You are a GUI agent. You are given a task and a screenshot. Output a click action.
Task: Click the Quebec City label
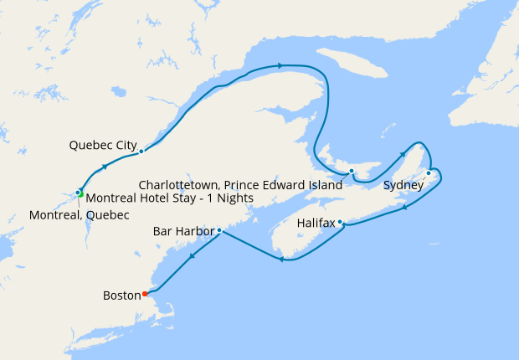103,145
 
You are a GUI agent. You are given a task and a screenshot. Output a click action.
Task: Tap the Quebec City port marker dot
141,151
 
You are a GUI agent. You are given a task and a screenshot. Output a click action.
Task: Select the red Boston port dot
145,293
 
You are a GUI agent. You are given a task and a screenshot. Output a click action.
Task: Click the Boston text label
122,295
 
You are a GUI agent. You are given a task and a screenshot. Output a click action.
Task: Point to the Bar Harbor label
183,230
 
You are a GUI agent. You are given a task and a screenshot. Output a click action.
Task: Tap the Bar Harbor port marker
218,229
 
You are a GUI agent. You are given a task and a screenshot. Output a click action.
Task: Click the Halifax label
316,224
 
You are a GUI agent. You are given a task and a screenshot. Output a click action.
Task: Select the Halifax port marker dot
340,222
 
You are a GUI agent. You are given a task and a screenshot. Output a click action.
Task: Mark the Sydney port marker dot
429,173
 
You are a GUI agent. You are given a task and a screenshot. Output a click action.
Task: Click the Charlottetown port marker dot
352,172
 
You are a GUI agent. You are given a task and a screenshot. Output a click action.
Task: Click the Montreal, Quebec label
79,215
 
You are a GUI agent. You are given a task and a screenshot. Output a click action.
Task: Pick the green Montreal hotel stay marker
81,196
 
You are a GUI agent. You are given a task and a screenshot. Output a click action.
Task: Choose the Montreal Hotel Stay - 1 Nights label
170,198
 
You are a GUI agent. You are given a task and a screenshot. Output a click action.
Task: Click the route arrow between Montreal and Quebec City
105,167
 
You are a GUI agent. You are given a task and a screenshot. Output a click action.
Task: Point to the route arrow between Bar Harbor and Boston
193,255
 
